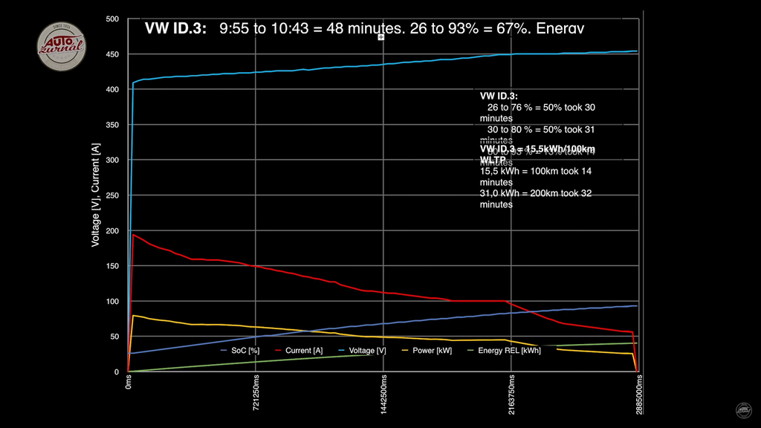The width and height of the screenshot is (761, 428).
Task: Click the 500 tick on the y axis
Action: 111,19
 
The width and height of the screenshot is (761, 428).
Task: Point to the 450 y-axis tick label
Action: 111,54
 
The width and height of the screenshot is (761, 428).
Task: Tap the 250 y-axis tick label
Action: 111,195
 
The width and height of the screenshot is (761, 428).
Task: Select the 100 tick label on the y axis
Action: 111,301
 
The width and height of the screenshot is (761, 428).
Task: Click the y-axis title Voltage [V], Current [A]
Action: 96,195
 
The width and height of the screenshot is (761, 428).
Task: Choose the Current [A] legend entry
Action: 299,350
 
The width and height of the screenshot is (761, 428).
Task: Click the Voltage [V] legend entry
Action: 362,350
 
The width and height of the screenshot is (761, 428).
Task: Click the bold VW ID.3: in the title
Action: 175,29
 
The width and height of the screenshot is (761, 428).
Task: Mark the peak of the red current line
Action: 133,235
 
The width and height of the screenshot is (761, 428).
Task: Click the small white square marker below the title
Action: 380,36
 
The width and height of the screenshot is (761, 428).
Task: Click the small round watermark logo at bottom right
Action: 743,410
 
